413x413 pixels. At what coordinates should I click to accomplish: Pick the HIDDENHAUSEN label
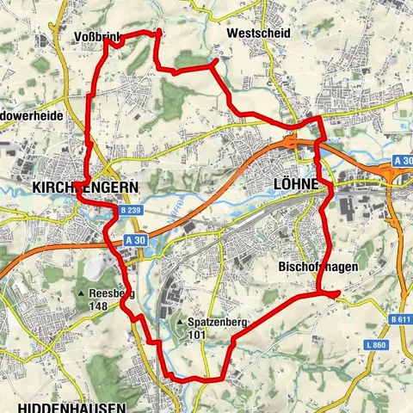pos(71,406)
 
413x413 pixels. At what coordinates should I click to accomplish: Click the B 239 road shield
pos(130,210)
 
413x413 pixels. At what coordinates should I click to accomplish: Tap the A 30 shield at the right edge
pos(403,161)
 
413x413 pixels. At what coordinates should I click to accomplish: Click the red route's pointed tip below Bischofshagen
pos(337,293)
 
